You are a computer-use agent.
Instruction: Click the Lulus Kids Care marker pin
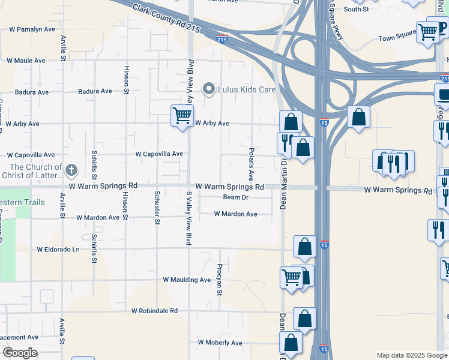coord(209,89)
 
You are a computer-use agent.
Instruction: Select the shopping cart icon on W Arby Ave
coord(182,115)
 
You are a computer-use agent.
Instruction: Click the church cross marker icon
coord(71,170)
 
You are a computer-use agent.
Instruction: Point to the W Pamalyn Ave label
coord(32,29)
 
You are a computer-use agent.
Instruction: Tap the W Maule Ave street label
coord(26,61)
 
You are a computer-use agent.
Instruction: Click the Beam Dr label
coord(235,197)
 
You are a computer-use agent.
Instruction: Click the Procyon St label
coord(220,279)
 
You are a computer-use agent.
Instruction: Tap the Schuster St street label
coord(157,208)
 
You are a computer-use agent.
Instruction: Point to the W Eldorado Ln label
coord(58,249)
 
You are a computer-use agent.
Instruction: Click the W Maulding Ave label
coord(187,280)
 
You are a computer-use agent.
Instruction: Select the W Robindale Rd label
coord(155,311)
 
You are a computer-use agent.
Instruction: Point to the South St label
coord(356,9)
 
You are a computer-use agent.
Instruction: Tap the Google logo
coord(19,353)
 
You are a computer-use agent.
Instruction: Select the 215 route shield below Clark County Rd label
coord(222,40)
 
